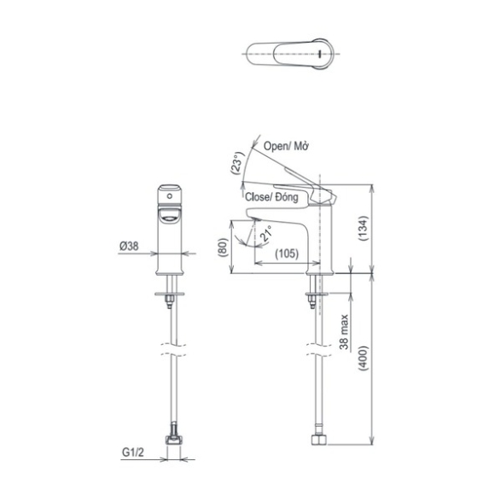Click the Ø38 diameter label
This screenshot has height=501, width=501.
click(x=129, y=246)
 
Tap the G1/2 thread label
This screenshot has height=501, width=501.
click(x=133, y=452)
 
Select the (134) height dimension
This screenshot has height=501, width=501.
click(x=364, y=229)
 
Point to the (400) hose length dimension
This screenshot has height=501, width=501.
click(x=364, y=358)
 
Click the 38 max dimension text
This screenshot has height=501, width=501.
click(x=344, y=332)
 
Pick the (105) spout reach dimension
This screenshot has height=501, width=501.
click(x=287, y=253)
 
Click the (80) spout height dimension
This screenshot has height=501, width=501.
click(x=223, y=248)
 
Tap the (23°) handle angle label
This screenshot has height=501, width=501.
click(x=237, y=163)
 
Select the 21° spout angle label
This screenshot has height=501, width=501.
click(x=265, y=233)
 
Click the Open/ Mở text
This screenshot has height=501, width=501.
click(x=286, y=146)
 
